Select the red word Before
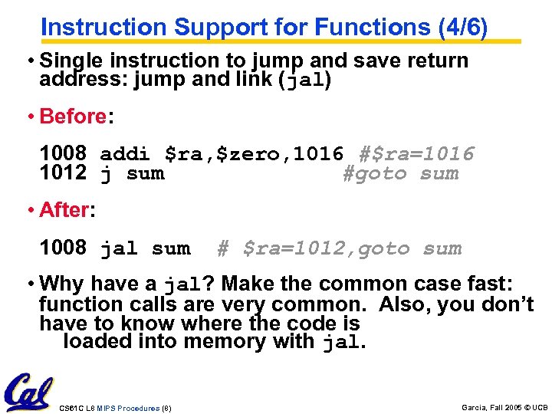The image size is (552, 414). (72, 117)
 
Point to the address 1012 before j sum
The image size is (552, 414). (63, 173)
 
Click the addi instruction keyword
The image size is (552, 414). (125, 154)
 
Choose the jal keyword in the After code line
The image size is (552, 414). (119, 248)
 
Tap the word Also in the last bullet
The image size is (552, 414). (406, 304)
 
